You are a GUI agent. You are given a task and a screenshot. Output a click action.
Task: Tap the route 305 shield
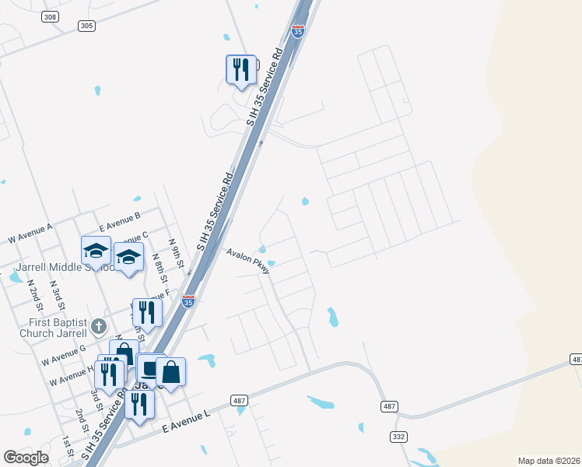click(86, 26)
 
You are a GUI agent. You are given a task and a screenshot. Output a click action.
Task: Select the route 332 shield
click(399, 437)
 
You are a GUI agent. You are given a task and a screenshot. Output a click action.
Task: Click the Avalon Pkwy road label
click(248, 260)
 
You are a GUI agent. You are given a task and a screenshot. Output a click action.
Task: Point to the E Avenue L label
click(188, 423)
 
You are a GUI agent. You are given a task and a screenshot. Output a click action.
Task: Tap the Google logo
click(26, 458)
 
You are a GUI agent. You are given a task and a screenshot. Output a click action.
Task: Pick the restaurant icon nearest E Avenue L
click(139, 404)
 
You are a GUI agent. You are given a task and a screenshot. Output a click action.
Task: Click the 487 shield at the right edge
click(576, 359)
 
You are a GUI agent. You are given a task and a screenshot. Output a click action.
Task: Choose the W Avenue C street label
click(133, 238)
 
